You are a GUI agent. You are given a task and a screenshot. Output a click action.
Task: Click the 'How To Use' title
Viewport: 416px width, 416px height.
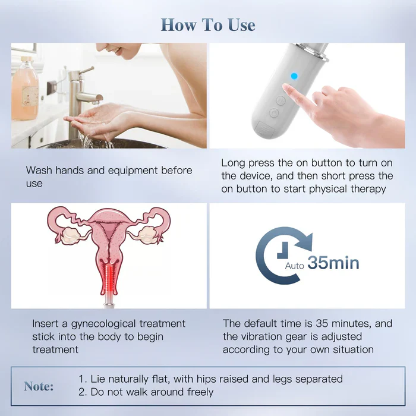pos(208,25)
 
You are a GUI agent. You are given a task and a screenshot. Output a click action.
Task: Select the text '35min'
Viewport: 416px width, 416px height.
pos(333,262)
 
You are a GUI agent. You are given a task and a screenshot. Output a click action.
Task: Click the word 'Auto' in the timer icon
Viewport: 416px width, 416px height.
pos(295,266)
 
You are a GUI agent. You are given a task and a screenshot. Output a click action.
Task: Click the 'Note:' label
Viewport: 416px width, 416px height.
pos(39,386)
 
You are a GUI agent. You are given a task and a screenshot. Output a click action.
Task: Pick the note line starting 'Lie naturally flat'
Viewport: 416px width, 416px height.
pos(211,379)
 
